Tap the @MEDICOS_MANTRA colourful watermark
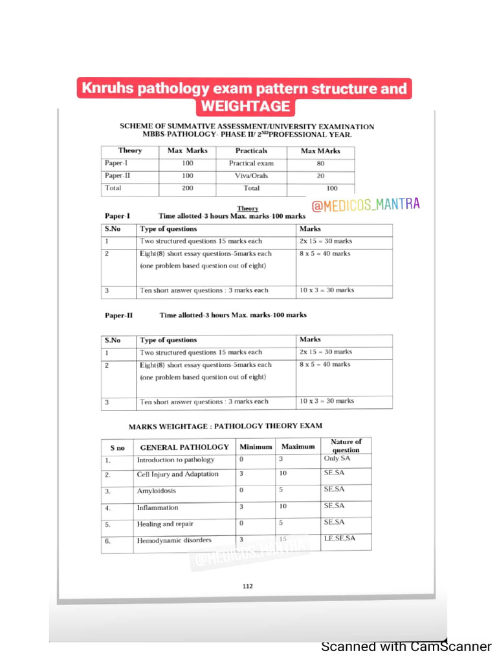point(366,205)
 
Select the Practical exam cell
point(251,164)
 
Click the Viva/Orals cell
point(251,176)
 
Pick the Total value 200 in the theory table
point(187,188)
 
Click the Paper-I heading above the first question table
point(118,216)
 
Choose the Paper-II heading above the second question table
point(119,315)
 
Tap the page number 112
point(248,586)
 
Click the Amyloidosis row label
point(156,491)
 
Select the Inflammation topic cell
point(157,507)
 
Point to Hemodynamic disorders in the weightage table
point(173,540)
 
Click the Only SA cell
point(337,458)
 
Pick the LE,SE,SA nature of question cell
point(339,539)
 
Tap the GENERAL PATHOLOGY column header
point(184,447)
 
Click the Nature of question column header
point(346,445)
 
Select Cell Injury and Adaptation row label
point(177,475)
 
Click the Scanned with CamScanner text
point(406,646)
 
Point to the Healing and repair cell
point(164,524)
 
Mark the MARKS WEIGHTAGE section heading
point(225,426)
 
